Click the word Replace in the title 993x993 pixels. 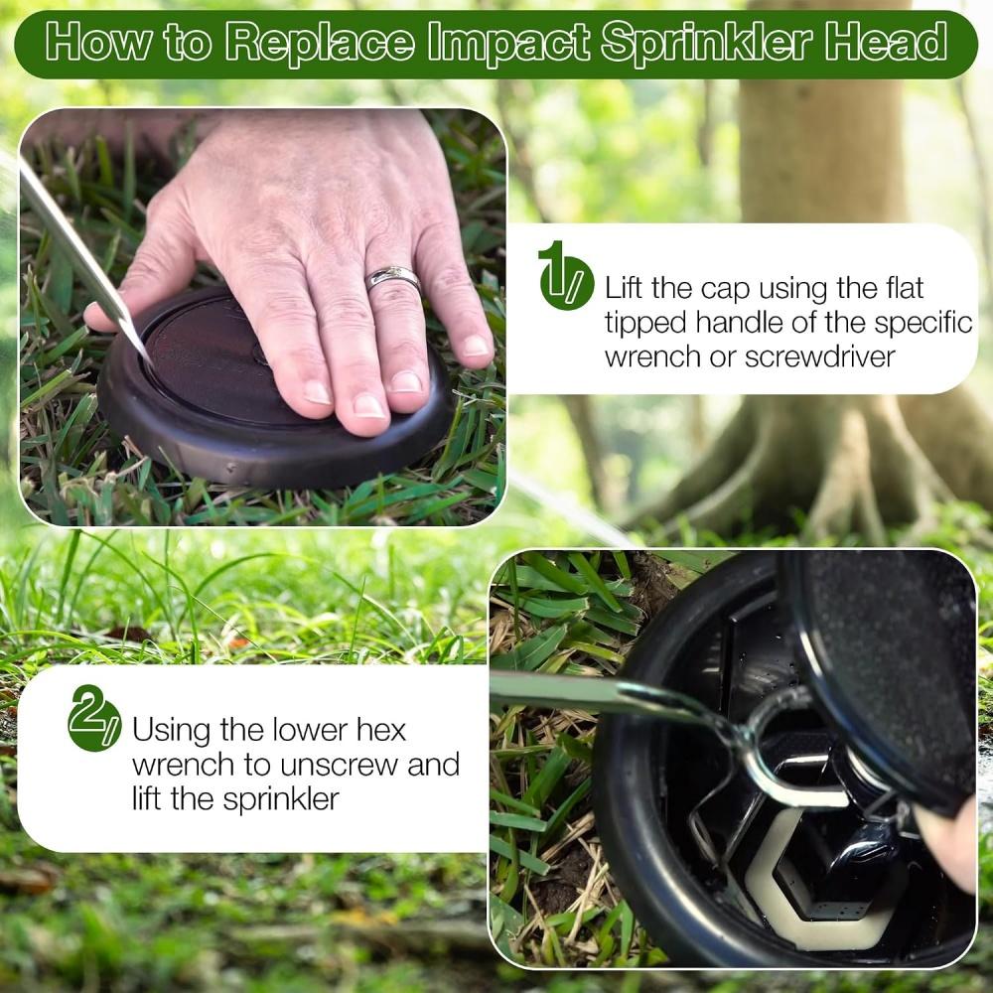(321, 43)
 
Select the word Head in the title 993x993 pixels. (887, 42)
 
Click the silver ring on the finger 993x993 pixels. (392, 277)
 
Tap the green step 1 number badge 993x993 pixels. (566, 277)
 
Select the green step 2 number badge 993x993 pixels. (94, 719)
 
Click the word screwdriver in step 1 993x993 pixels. (819, 355)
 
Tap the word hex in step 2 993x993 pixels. (380, 730)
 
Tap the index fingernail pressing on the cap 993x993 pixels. (317, 392)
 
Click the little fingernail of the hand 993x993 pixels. (475, 346)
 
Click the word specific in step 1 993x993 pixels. (923, 324)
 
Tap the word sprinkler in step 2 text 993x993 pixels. (281, 799)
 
